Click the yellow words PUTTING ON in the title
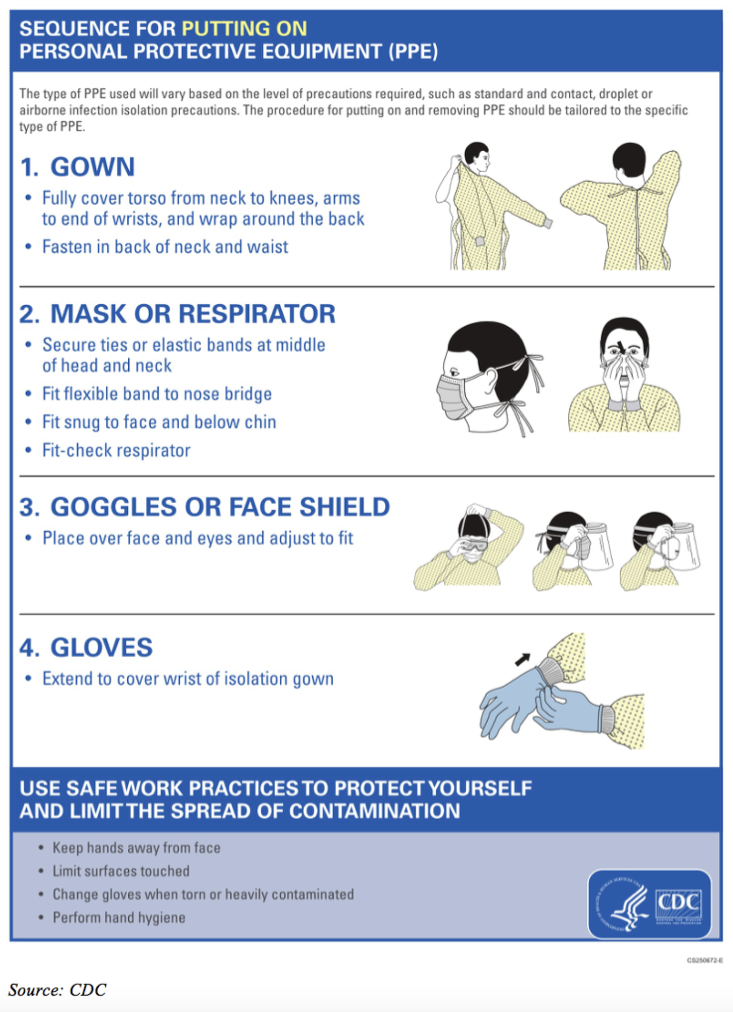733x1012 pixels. (x=244, y=29)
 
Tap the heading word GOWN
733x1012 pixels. (x=93, y=167)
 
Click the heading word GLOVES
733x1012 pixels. (x=102, y=647)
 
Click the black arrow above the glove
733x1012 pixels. (x=522, y=659)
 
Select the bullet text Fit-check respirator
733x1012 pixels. (x=116, y=450)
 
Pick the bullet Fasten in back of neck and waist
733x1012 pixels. (x=165, y=247)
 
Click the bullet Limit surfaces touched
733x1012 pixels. (x=121, y=871)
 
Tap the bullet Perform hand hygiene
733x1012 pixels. (x=119, y=917)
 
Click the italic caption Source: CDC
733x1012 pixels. (x=57, y=990)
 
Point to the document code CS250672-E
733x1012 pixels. (x=704, y=961)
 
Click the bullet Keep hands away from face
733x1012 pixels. (x=136, y=848)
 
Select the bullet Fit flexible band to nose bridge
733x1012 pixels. (x=157, y=394)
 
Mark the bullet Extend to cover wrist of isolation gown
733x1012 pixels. (x=188, y=679)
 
